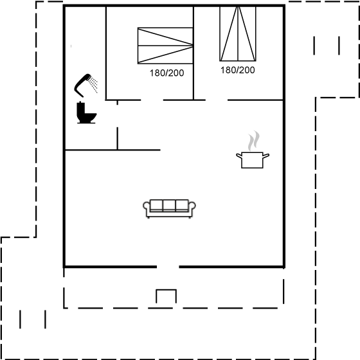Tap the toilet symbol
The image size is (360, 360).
click(x=86, y=113)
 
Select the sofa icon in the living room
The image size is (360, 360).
click(x=169, y=208)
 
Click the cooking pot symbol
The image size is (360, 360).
click(x=253, y=160)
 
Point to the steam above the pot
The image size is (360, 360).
click(x=254, y=141)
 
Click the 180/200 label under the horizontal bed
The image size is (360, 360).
click(x=166, y=73)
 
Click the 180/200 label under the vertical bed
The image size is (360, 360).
click(x=238, y=70)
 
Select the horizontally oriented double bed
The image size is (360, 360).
click(x=165, y=46)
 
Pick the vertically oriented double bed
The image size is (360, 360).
click(x=238, y=33)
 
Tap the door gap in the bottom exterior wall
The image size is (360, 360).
click(x=168, y=267)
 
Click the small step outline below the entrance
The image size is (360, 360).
click(x=166, y=290)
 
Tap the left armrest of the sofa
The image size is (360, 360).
click(x=147, y=206)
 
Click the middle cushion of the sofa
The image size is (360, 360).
click(x=169, y=205)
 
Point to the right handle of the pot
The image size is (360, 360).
click(x=266, y=156)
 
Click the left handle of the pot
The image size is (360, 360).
click(x=239, y=156)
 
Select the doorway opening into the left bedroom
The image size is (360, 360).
click(x=152, y=100)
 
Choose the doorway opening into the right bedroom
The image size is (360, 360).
click(x=217, y=100)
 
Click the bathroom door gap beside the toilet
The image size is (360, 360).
click(x=117, y=116)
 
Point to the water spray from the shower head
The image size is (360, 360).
click(x=94, y=85)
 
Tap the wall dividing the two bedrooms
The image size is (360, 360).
click(x=194, y=53)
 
